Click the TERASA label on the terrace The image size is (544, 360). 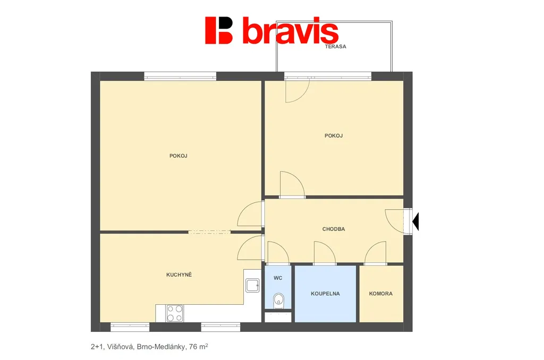[x=336, y=47]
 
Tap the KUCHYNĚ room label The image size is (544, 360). [x=179, y=275]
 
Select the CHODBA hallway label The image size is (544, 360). [x=334, y=229]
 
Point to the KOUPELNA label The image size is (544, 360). [x=325, y=294]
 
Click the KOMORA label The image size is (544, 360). [x=380, y=294]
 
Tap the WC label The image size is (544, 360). [x=278, y=278]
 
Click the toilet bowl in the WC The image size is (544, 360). [x=278, y=301]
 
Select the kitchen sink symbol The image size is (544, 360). [x=252, y=286]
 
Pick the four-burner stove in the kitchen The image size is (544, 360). [x=174, y=313]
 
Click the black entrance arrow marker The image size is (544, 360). [x=415, y=221]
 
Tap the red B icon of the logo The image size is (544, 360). [x=218, y=30]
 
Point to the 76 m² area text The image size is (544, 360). [x=199, y=347]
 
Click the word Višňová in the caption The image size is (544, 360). [x=120, y=347]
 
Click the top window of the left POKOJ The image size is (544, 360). [x=180, y=76]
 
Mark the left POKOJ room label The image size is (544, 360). [x=178, y=156]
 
